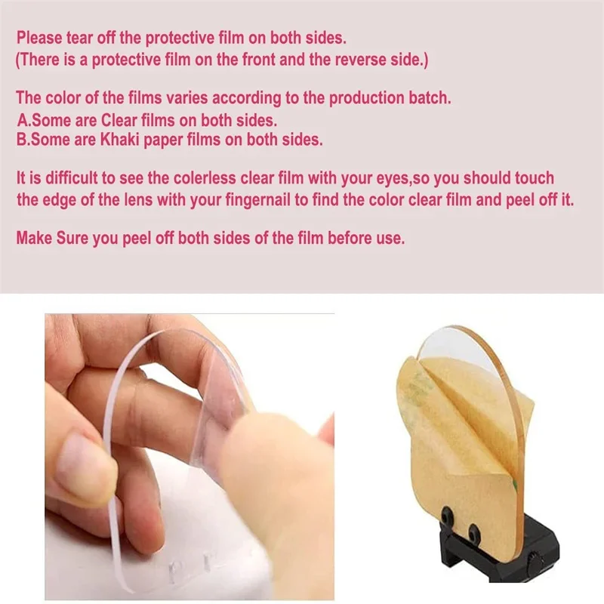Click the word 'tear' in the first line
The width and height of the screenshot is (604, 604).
(79, 38)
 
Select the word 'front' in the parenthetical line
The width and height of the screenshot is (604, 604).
(259, 60)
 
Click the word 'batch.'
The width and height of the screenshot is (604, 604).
(430, 98)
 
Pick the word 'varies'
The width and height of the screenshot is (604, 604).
(186, 98)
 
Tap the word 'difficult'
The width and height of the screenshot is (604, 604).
(71, 178)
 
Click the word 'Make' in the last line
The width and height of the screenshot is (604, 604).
(34, 238)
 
